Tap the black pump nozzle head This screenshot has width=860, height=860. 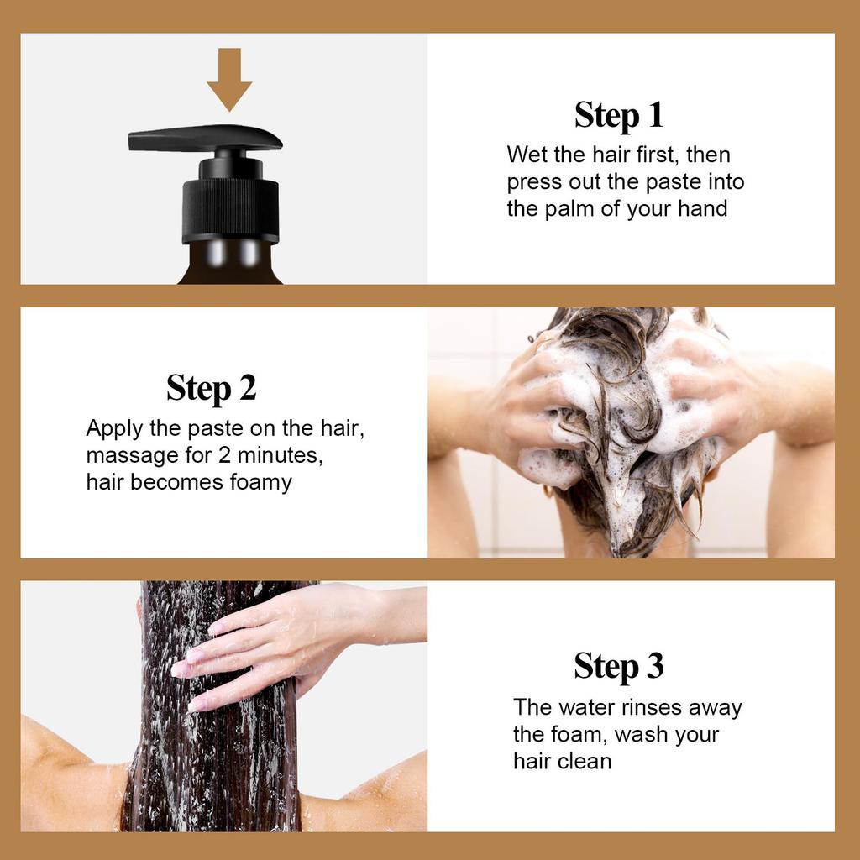click(205, 139)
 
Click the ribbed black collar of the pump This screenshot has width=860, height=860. click(230, 210)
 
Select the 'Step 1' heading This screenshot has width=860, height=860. click(619, 115)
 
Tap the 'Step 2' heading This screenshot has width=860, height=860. click(211, 388)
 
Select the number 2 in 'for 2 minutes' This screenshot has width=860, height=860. click(224, 455)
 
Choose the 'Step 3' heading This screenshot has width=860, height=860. click(619, 666)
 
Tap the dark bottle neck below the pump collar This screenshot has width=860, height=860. click(230, 262)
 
